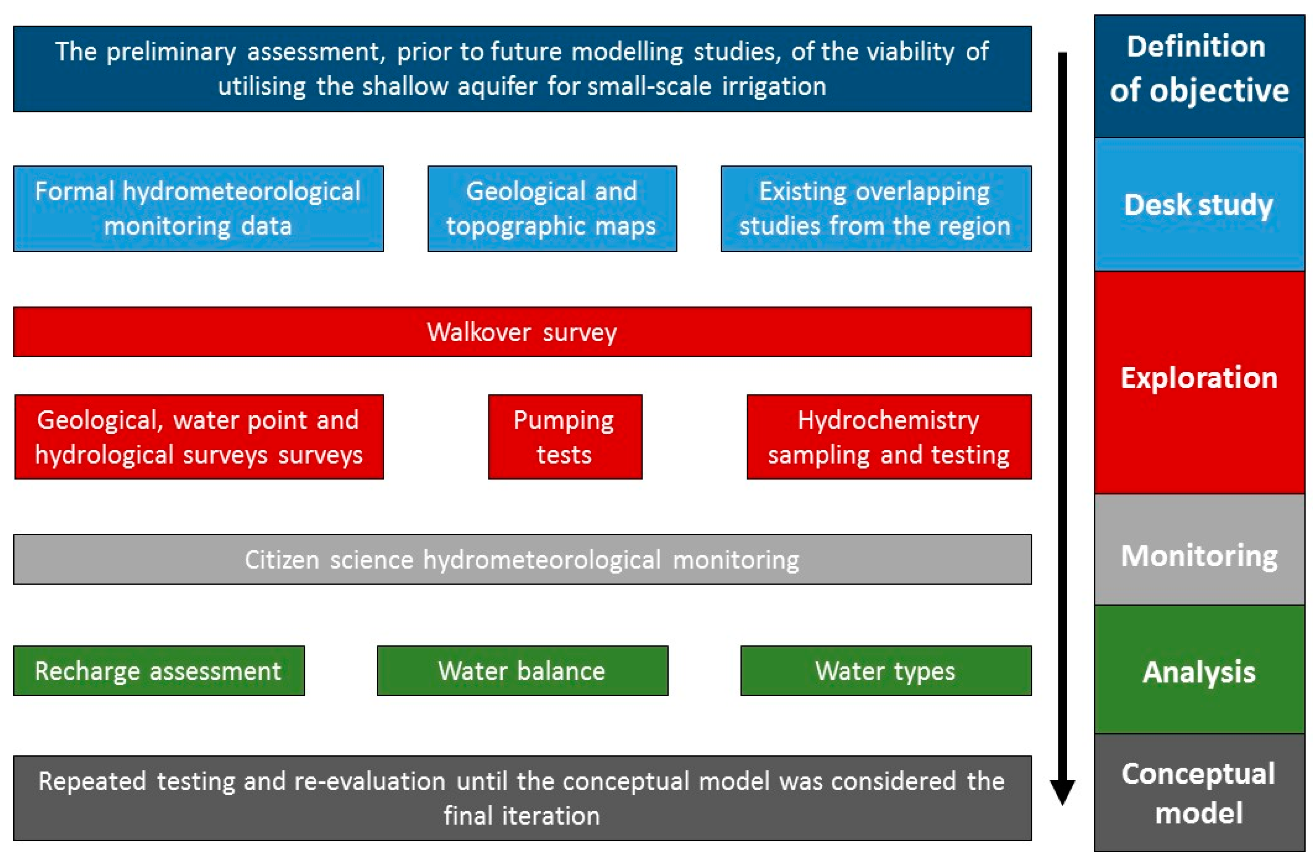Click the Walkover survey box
522,332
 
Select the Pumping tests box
565,437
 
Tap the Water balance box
522,671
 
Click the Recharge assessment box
158,671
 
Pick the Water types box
886,671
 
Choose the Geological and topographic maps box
552,209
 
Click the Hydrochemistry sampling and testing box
889,437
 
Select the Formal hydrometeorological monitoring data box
198,209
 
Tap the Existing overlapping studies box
876,209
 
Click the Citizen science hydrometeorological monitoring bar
522,559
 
